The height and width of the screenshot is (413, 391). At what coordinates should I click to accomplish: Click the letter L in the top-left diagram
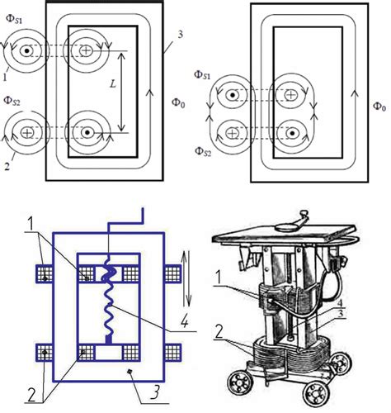pyautogui.click(x=113, y=83)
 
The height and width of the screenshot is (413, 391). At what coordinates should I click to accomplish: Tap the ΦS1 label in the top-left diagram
pyautogui.click(x=14, y=19)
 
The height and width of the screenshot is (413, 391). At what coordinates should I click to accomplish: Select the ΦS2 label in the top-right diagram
pyautogui.click(x=203, y=152)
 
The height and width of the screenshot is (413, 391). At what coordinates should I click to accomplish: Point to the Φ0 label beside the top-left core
pyautogui.click(x=178, y=103)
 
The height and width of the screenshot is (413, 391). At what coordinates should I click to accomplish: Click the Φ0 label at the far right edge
pyautogui.click(x=379, y=106)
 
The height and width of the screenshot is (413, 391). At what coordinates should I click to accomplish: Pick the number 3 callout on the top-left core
pyautogui.click(x=180, y=35)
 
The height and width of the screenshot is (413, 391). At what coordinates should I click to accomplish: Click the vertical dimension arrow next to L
pyautogui.click(x=121, y=92)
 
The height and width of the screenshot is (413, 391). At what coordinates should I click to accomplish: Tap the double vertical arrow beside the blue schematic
pyautogui.click(x=187, y=278)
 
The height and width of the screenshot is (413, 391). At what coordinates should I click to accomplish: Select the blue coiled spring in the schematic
pyautogui.click(x=109, y=299)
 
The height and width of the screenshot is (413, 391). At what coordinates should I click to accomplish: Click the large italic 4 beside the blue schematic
pyautogui.click(x=185, y=320)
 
